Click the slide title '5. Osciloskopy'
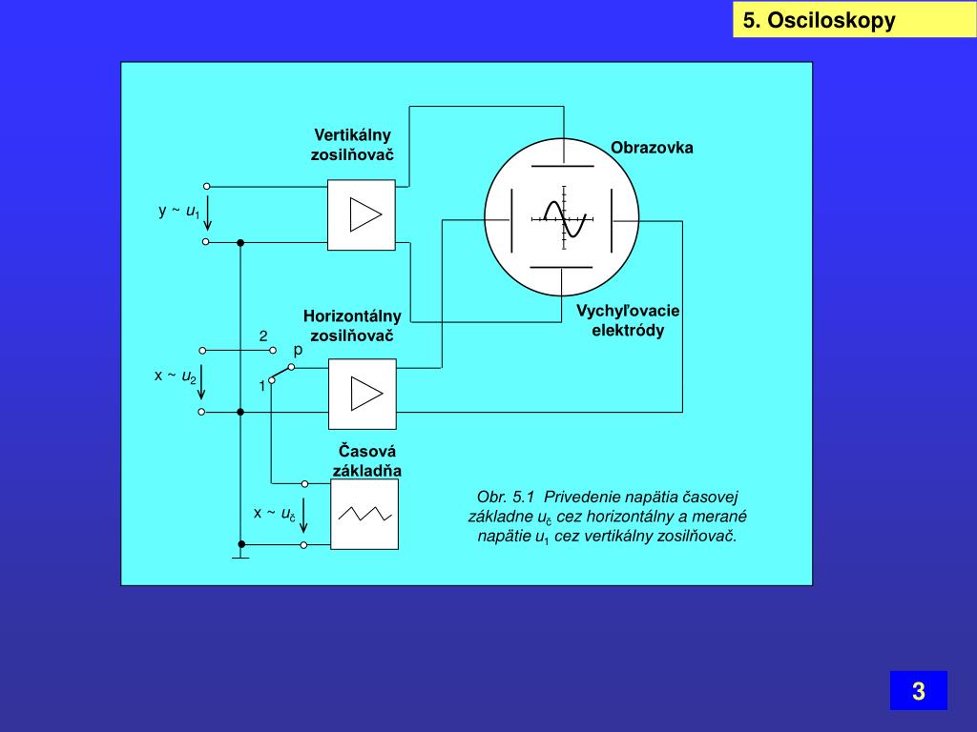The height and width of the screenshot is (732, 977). (819, 20)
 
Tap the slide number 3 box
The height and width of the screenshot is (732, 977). (918, 691)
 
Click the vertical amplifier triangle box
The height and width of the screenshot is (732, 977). (361, 214)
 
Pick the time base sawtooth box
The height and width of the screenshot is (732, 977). (364, 514)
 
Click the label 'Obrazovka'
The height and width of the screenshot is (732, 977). (653, 148)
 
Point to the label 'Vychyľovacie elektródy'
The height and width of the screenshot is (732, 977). (628, 321)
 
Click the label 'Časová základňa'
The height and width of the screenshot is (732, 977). (366, 460)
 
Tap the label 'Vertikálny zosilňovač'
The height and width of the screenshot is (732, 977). (352, 144)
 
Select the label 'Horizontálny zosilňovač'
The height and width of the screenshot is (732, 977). (352, 325)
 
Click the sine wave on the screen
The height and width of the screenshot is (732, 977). (564, 218)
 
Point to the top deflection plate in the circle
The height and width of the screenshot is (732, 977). (562, 167)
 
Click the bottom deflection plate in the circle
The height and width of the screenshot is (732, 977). (562, 268)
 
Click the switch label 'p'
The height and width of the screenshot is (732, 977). (298, 350)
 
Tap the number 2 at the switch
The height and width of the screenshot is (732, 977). (263, 335)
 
